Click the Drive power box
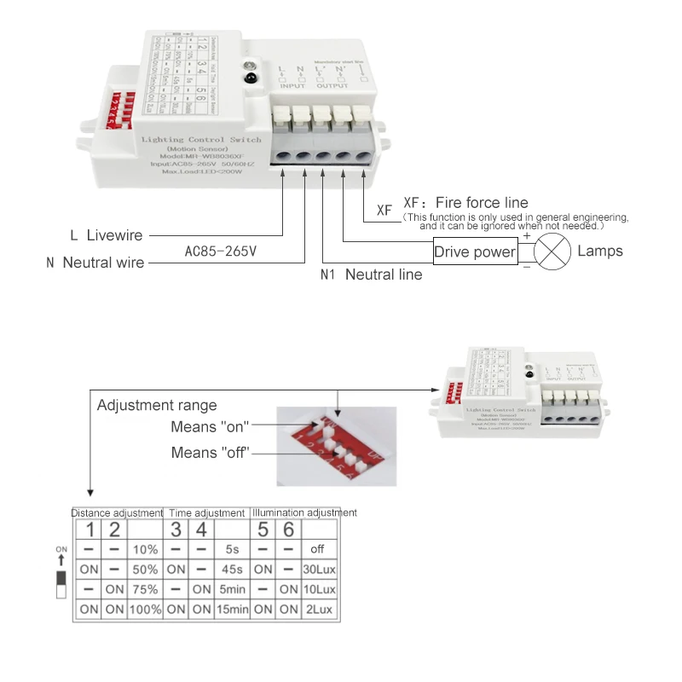(475, 251)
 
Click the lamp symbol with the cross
(552, 251)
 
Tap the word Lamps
(600, 251)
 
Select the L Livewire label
(106, 235)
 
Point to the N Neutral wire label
(95, 263)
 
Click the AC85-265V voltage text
(220, 251)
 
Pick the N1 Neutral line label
(371, 275)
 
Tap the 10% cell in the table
(146, 550)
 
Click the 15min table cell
(232, 610)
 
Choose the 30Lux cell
(317, 569)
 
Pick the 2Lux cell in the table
(317, 610)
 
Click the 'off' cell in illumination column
(317, 550)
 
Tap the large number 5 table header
(263, 529)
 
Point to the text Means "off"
(210, 453)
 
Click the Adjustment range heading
(157, 405)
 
